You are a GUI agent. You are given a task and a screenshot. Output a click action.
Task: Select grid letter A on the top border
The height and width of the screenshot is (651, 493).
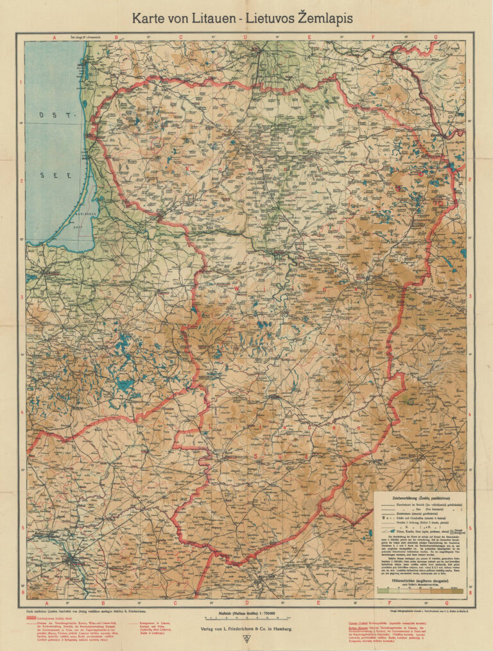point(55,37)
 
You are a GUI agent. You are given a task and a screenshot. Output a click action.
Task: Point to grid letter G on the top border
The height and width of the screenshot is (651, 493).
point(435,37)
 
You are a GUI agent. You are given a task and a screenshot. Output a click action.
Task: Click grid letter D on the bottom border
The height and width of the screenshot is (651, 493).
point(245,603)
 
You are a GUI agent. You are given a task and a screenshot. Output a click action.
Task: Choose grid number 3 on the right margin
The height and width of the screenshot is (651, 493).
point(471,297)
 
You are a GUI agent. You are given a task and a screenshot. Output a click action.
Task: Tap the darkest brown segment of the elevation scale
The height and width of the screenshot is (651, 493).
point(457,589)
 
